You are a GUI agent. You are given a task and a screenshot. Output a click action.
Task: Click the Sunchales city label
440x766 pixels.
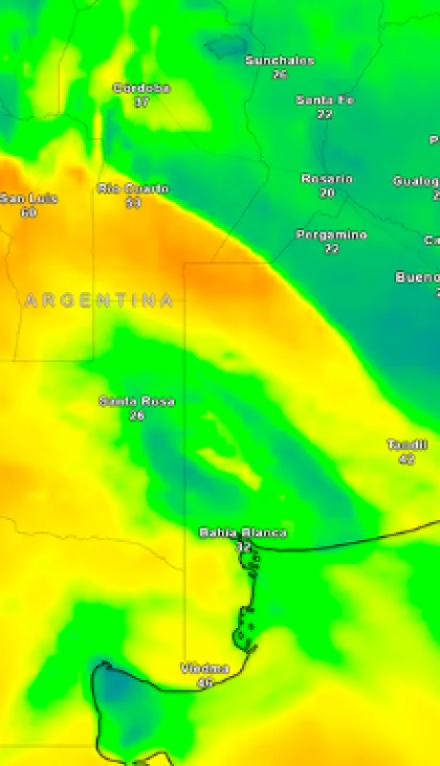[x=279, y=60]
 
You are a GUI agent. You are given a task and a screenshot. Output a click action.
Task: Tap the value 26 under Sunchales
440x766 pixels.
[x=279, y=74]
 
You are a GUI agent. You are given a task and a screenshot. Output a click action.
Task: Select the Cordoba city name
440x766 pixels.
[x=142, y=88]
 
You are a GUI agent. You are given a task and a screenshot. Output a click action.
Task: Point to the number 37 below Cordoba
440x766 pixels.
[x=142, y=101]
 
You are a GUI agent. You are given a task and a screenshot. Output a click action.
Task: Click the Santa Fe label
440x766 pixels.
[x=324, y=100]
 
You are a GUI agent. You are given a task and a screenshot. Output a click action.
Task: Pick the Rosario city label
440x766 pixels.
[x=327, y=179]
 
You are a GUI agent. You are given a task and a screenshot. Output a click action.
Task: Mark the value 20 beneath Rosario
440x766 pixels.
[x=327, y=192]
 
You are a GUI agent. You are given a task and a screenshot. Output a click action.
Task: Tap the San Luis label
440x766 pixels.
[x=29, y=198]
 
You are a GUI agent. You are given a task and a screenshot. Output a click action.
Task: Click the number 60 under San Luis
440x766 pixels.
[x=29, y=212]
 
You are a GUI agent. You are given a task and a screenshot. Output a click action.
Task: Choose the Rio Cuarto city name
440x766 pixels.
[x=133, y=189]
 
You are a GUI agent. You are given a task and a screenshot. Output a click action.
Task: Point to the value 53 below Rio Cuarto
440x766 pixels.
[x=133, y=202]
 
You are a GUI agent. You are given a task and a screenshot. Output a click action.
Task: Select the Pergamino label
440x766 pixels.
[x=331, y=235]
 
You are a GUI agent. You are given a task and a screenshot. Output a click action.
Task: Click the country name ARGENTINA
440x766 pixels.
[x=99, y=301]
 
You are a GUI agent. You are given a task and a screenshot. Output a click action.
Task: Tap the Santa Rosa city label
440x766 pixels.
[x=137, y=401]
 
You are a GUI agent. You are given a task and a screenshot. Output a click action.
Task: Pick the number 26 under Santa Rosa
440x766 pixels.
[x=137, y=415]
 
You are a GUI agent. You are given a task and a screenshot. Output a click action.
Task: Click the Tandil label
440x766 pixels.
[x=407, y=444]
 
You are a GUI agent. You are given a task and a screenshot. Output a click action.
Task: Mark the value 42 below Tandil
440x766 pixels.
[x=407, y=459]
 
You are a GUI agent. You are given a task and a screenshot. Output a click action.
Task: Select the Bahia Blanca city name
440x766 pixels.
[x=242, y=532]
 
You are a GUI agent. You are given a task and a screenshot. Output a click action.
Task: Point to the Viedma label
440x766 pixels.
[x=205, y=668]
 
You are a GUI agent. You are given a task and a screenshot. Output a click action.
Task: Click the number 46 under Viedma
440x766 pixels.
[x=205, y=682]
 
